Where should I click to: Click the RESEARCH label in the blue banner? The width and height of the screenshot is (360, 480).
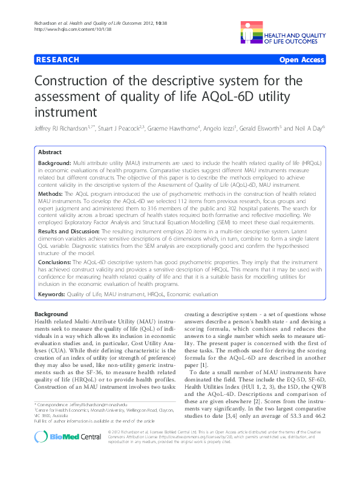(57, 60)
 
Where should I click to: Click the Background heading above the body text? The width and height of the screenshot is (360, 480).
(51, 315)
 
